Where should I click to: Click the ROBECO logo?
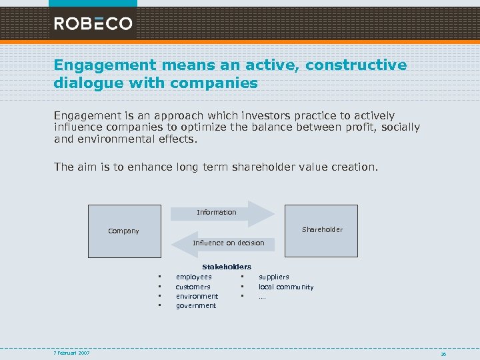(93, 24)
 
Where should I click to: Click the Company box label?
(124, 231)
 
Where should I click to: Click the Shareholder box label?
(322, 229)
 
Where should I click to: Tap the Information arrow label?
(217, 212)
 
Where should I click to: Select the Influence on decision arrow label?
(229, 243)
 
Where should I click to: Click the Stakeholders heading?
(227, 267)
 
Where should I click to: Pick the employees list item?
(193, 277)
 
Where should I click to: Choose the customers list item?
(193, 287)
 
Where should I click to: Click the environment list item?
(197, 296)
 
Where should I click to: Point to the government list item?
(196, 305)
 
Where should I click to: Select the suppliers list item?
(274, 277)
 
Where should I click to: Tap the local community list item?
(286, 287)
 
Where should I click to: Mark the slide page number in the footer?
(443, 354)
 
